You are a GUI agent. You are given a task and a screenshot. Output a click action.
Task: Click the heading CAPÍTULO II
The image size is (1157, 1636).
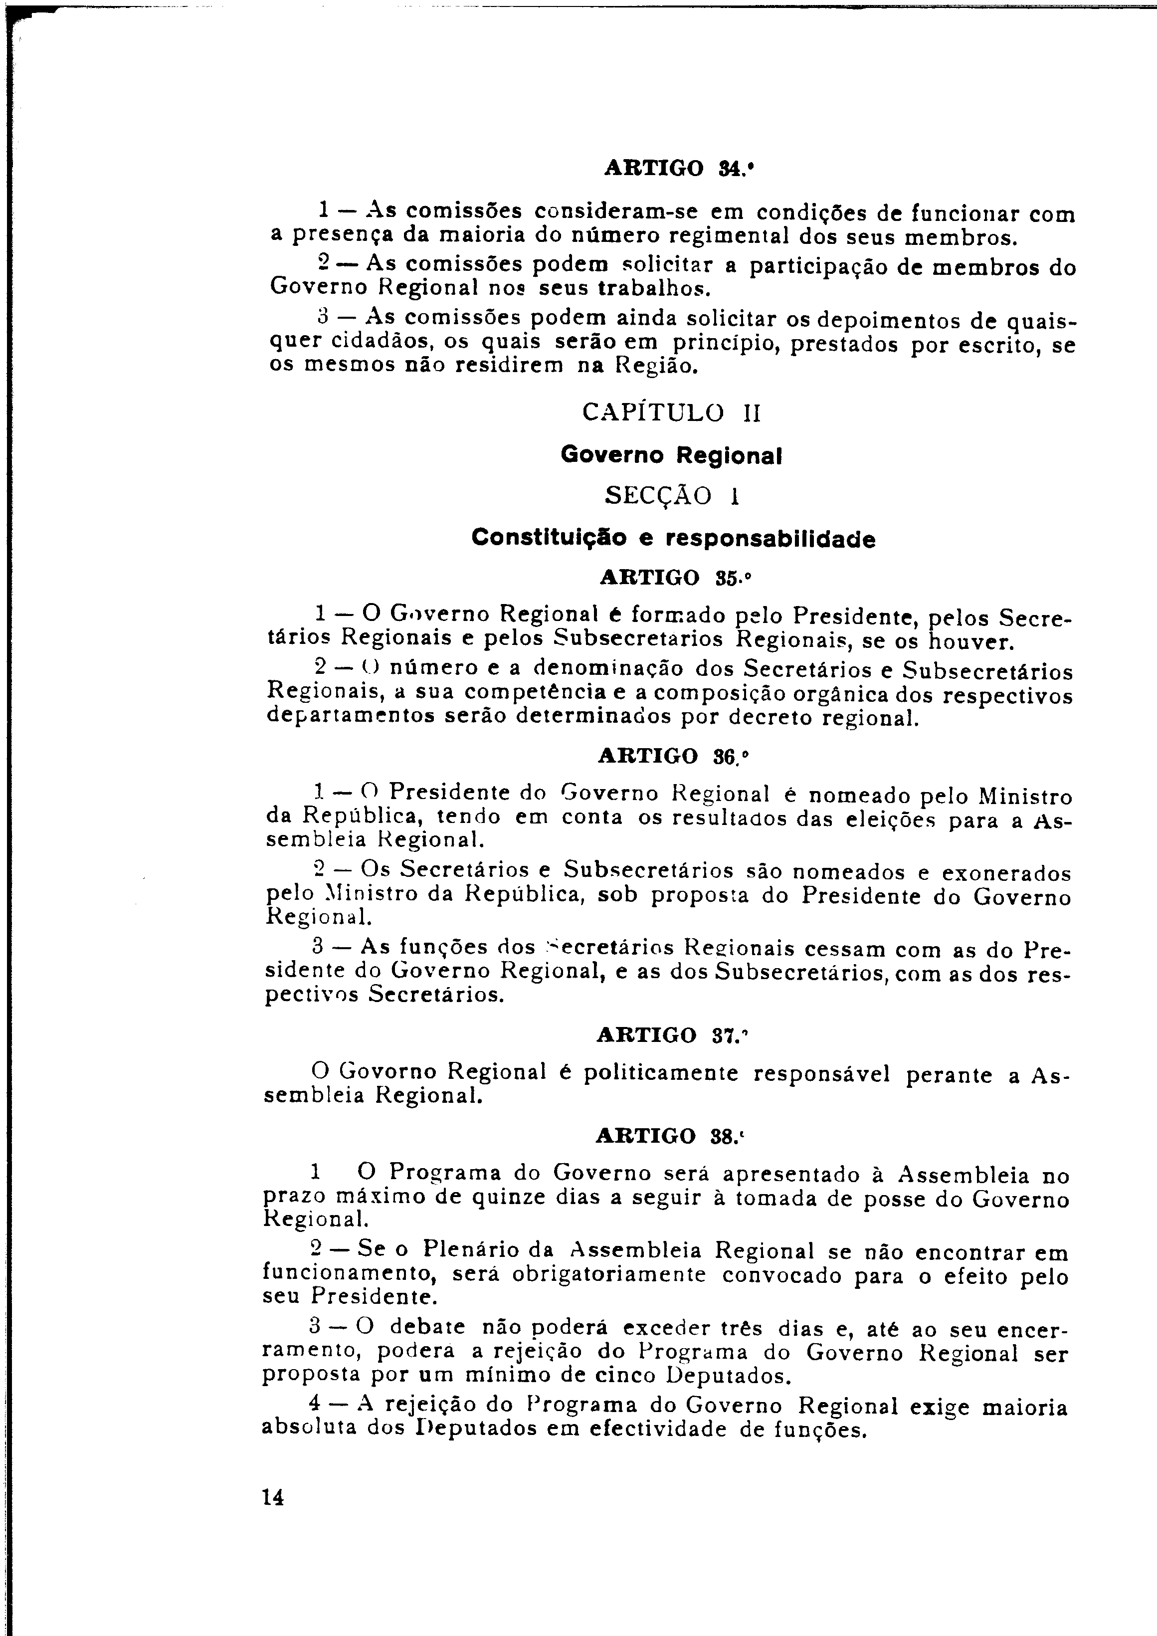(x=671, y=412)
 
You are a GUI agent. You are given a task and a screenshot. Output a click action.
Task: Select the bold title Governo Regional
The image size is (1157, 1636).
(x=671, y=454)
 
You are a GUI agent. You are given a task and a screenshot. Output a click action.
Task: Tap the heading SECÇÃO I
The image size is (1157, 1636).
(x=672, y=496)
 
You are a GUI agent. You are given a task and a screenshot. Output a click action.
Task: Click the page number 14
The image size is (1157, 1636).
(x=273, y=1498)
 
